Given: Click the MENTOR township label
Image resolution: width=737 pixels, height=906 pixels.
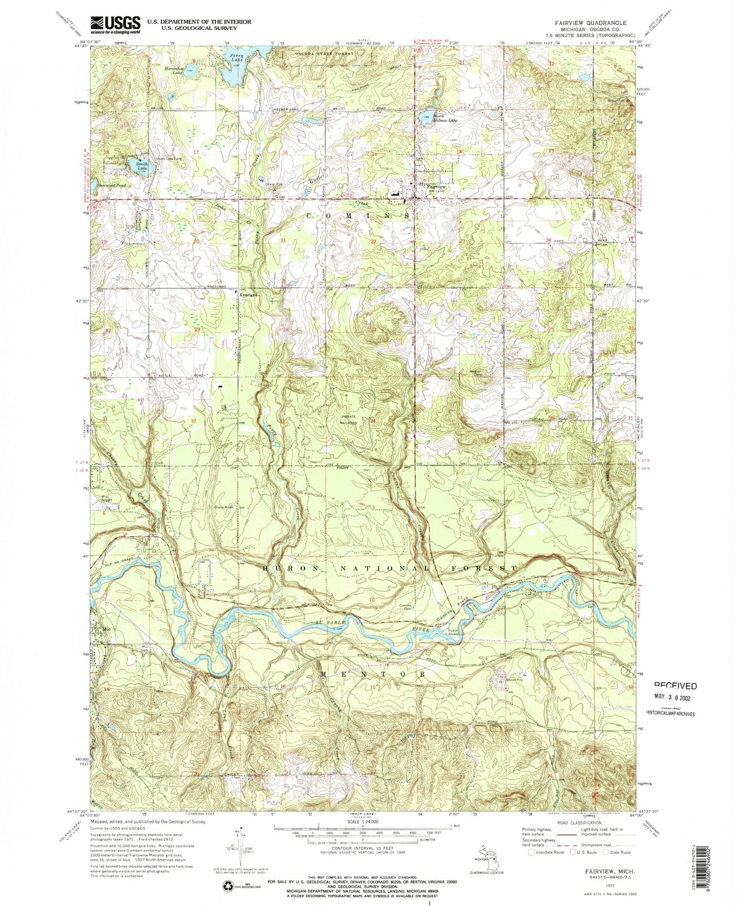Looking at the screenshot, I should click(373, 673).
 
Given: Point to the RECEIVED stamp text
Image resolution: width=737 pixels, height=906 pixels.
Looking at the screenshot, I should click(675, 686).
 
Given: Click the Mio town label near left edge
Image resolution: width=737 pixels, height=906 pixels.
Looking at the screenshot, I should click(106, 629).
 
